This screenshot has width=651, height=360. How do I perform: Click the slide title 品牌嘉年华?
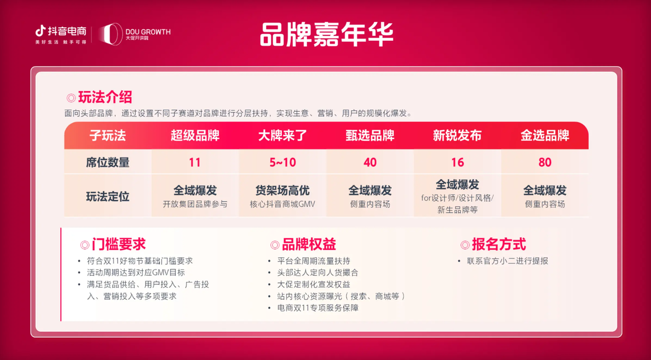pyautogui.click(x=326, y=34)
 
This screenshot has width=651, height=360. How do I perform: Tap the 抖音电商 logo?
pyautogui.click(x=61, y=34)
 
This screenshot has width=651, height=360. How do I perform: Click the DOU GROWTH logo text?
pyautogui.click(x=148, y=31)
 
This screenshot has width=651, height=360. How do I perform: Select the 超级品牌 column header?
pyautogui.click(x=195, y=135)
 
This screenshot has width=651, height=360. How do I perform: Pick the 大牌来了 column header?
pyautogui.click(x=283, y=135)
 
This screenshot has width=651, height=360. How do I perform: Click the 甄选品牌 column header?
pyautogui.click(x=370, y=135)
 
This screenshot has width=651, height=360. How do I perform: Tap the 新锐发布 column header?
pyautogui.click(x=458, y=135)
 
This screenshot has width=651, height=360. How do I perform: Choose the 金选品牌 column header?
pyautogui.click(x=545, y=135)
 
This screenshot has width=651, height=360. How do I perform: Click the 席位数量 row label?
pyautogui.click(x=108, y=162)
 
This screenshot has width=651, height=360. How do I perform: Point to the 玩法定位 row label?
pyautogui.click(x=108, y=196)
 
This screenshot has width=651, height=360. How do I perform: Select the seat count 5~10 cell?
pyautogui.click(x=283, y=162)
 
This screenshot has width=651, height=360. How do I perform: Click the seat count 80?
pyautogui.click(x=545, y=162)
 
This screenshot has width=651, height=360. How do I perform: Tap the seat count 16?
pyautogui.click(x=458, y=162)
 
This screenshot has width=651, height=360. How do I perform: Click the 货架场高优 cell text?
pyautogui.click(x=283, y=190)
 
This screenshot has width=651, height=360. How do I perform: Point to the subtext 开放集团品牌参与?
pyautogui.click(x=195, y=204)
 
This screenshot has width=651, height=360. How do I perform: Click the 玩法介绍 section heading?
pyautogui.click(x=105, y=97)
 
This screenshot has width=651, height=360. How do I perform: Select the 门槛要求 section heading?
pyautogui.click(x=119, y=244)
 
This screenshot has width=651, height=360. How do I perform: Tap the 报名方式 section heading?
pyautogui.click(x=499, y=244)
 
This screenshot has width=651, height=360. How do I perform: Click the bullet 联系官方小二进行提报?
pyautogui.click(x=507, y=261)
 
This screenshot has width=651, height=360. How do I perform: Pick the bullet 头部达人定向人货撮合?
pyautogui.click(x=318, y=273)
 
